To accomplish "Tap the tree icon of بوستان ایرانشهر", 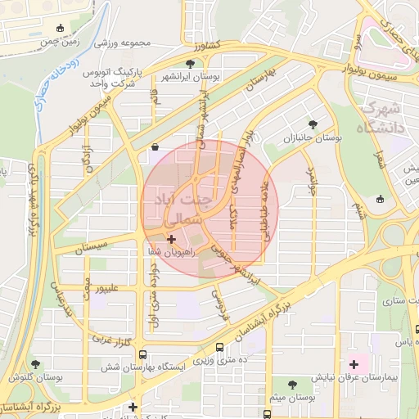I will [190, 63].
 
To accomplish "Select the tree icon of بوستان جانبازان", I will [313, 124].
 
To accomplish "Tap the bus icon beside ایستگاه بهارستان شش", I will [143, 355].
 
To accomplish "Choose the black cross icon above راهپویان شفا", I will [171, 239].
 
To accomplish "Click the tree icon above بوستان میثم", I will [293, 383].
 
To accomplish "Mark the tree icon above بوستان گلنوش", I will [34, 363].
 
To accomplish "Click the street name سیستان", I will [91, 246].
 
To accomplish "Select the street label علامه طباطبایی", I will [264, 209].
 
